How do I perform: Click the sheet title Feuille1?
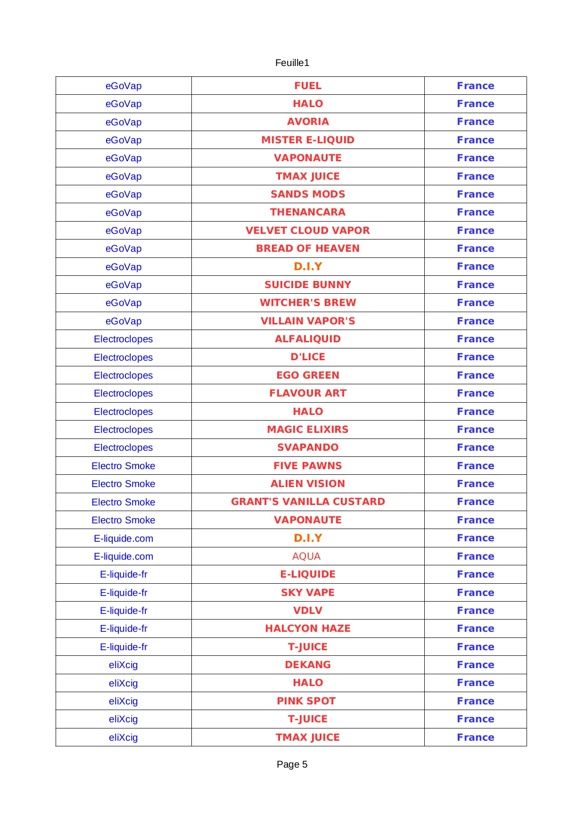coord(292,63)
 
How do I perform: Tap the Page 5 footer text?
coord(292,764)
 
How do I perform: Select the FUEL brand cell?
coord(308,86)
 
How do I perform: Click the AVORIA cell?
coord(308,122)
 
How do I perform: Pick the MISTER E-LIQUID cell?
coord(308,140)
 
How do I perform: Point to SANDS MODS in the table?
coord(308,194)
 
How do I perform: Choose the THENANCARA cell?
coord(308,212)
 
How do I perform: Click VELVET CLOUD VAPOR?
coord(308,231)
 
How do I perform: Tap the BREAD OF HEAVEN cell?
coord(308,248)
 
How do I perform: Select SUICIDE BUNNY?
coord(308,285)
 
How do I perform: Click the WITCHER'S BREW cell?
coord(308,303)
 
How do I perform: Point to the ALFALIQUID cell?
coord(308,339)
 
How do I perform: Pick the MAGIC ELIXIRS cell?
coord(308,430)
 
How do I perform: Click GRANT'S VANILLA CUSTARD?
coord(308,502)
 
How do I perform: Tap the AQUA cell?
coord(306,556)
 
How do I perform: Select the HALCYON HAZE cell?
coord(308,629)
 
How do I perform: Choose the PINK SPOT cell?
coord(306,701)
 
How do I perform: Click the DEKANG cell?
coord(308,665)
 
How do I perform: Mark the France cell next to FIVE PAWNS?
coord(475,466)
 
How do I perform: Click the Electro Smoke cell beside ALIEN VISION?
coord(124,484)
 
